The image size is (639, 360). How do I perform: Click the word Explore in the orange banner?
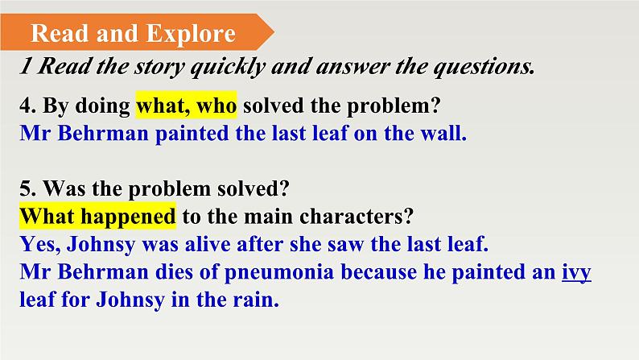(x=191, y=34)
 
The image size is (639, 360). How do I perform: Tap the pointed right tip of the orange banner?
(x=274, y=31)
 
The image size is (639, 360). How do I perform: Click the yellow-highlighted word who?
(x=216, y=106)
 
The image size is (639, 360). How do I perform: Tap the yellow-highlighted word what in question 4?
(x=163, y=106)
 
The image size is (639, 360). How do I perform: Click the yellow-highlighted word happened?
(x=128, y=217)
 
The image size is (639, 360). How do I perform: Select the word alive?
(x=208, y=244)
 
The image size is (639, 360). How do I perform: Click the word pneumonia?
(x=279, y=272)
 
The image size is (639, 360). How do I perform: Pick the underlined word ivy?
(x=576, y=273)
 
